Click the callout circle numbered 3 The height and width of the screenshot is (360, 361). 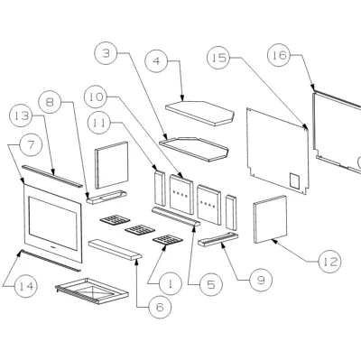coord(106,53)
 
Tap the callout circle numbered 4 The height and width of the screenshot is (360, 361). coord(156,61)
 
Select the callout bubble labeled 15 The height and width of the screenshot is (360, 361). coord(218,57)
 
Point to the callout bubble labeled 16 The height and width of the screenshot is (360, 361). coord(279,55)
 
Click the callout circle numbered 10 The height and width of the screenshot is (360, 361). coord(97,97)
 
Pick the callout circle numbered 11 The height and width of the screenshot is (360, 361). coord(100,123)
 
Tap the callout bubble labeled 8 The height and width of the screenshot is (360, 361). coord(51,102)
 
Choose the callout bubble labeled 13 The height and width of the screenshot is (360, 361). coord(22,115)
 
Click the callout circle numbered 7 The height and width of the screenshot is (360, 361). coord(31,144)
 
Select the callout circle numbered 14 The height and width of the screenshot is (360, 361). coord(26,286)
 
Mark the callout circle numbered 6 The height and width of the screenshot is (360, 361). coord(160,307)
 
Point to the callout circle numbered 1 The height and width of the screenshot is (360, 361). coord(171,283)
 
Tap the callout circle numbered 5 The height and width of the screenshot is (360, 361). coord(211,284)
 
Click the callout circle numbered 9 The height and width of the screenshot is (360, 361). coord(261,281)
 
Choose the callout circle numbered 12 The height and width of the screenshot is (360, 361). coord(330,262)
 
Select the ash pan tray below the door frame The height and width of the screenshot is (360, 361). coord(92,291)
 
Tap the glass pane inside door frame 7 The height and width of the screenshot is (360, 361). coord(52,223)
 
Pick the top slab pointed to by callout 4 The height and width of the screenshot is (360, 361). coord(199,113)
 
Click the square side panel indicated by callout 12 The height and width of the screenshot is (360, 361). coord(270,219)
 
